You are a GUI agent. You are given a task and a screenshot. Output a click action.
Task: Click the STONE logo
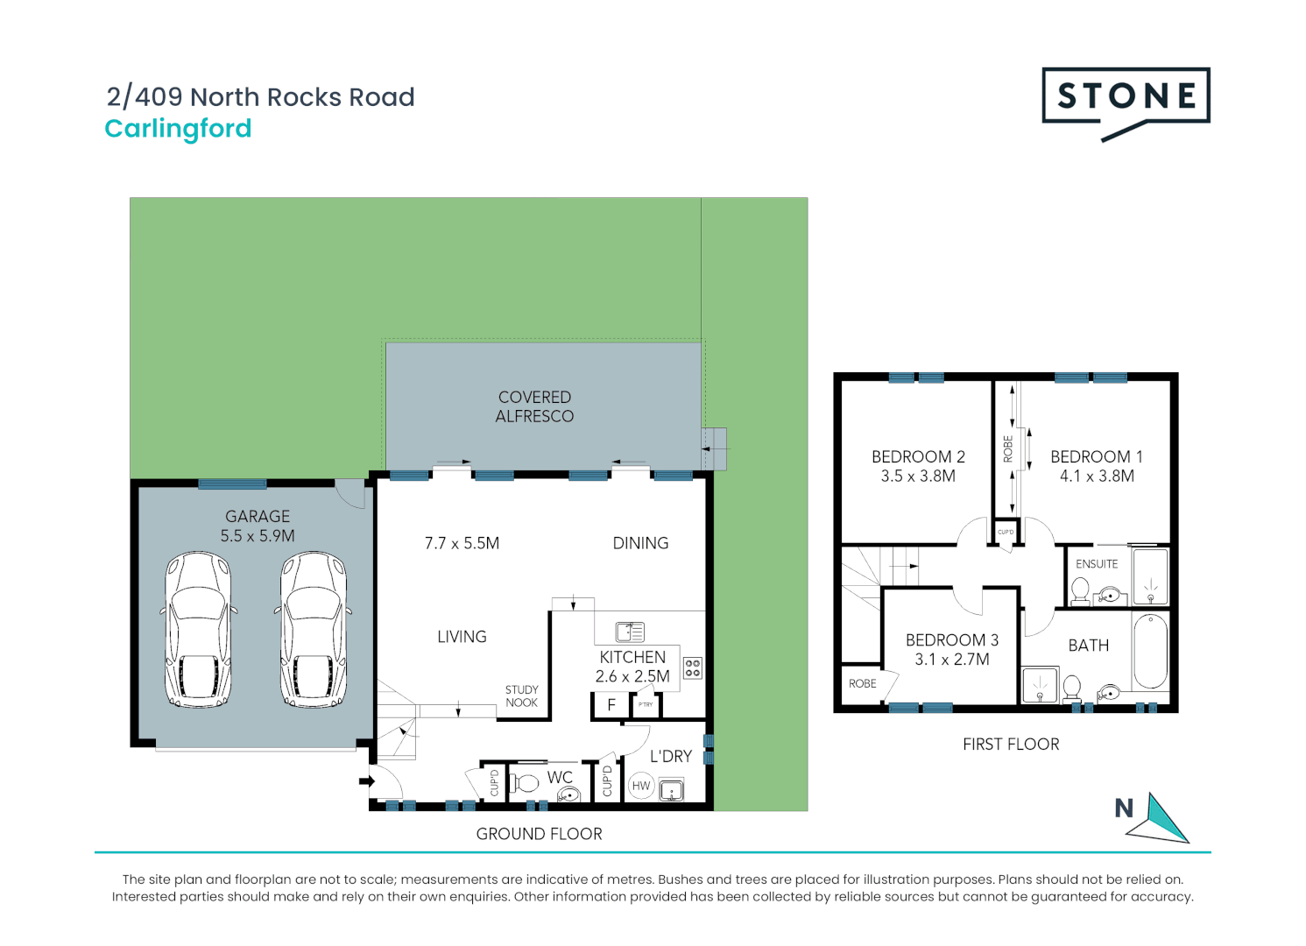1126,98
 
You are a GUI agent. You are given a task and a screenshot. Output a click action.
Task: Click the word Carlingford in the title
178,129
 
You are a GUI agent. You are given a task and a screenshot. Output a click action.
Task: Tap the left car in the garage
199,628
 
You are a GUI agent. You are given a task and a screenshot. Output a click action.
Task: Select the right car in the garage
314,628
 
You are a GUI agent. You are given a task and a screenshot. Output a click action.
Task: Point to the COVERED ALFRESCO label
534,406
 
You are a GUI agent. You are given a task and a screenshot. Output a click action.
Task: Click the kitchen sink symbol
630,632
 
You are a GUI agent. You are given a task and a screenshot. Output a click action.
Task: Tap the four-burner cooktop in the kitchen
693,668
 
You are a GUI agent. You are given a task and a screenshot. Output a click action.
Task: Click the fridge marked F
611,705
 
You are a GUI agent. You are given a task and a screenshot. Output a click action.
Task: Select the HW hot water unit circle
641,786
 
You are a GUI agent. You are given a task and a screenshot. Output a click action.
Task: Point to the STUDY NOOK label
521,696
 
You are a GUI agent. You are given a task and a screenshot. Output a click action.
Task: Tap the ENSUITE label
1097,564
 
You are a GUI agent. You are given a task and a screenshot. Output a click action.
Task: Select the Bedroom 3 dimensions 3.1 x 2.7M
952,660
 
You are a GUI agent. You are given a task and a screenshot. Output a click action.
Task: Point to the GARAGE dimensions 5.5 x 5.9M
258,536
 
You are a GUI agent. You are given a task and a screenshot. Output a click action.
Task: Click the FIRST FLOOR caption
1011,745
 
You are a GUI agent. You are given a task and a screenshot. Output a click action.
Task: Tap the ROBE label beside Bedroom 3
862,683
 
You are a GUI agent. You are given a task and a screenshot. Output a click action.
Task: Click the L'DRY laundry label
671,756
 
